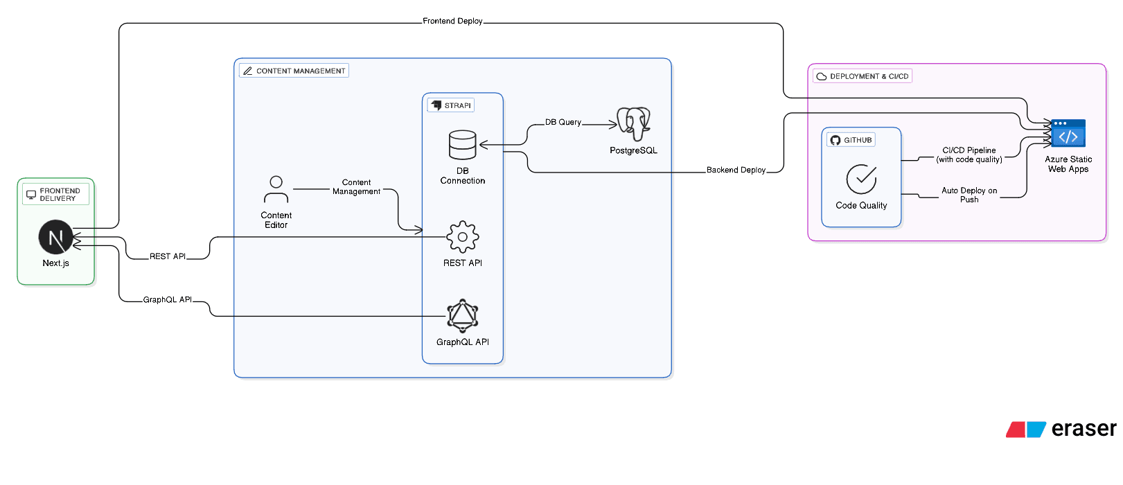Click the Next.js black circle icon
click(x=56, y=238)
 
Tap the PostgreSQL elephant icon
click(x=633, y=123)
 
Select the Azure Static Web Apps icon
click(x=1068, y=133)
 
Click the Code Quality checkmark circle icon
click(x=861, y=179)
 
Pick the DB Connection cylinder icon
click(x=462, y=145)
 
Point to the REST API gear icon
click(x=462, y=237)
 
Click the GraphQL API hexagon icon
click(x=462, y=316)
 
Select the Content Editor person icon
click(x=276, y=189)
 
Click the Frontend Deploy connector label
click(x=452, y=21)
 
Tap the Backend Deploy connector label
click(x=736, y=170)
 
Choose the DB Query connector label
click(x=563, y=122)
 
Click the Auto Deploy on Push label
click(x=969, y=195)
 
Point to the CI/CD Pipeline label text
click(x=969, y=155)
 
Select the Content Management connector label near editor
click(x=356, y=187)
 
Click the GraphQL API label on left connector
click(x=167, y=300)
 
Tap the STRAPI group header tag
click(x=451, y=105)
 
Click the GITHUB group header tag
click(x=851, y=140)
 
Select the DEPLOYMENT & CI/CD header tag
click(x=863, y=76)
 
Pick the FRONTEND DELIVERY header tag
click(x=55, y=195)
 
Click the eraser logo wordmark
click(x=1083, y=429)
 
